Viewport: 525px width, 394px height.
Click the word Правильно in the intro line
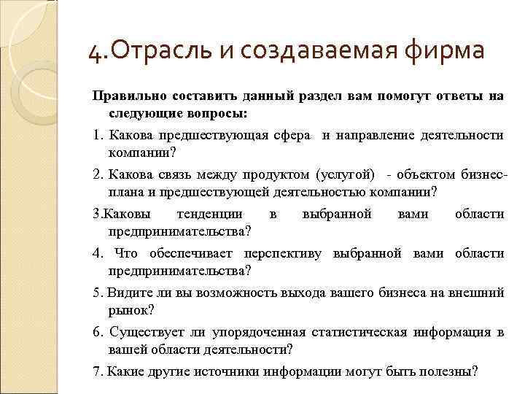coord(126,96)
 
